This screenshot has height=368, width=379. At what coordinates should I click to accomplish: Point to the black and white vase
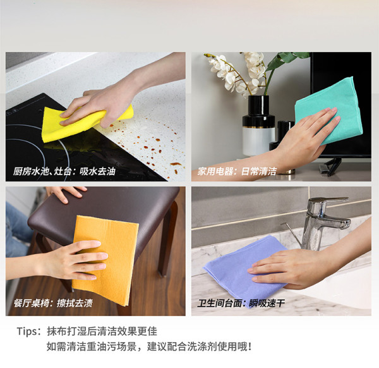258,126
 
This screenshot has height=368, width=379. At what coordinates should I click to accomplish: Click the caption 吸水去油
97,171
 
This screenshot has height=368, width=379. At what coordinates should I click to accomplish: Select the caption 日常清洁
258,171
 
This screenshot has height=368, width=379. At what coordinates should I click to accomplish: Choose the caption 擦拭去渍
75,303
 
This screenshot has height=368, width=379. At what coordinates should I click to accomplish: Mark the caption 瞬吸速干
267,303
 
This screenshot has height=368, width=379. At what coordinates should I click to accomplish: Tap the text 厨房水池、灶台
42,171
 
